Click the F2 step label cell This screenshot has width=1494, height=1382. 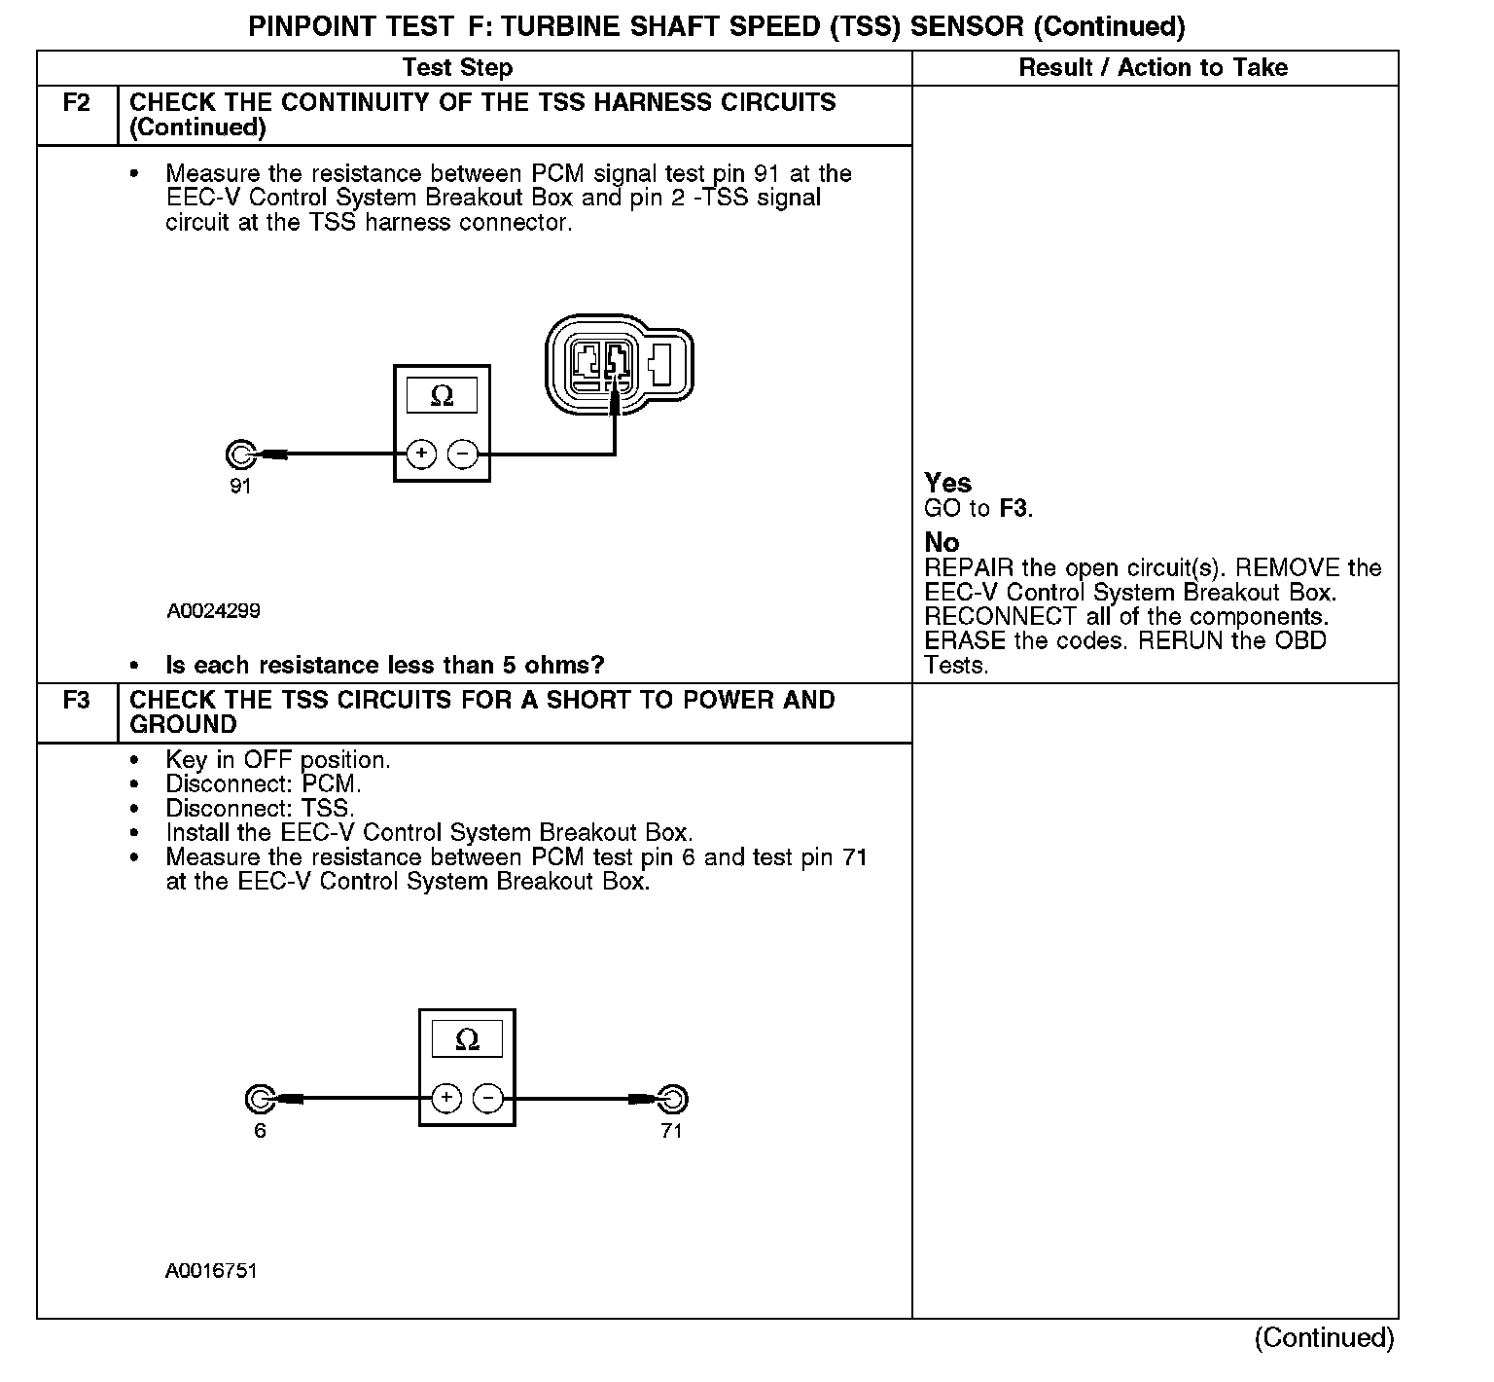pos(77,103)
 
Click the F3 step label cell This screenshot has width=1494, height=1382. pos(77,701)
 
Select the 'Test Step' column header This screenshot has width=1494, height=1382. pos(457,67)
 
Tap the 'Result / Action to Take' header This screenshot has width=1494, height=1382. pos(1153,67)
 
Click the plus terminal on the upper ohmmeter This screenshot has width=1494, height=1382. pos(421,454)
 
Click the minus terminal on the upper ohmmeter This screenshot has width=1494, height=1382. pos(462,454)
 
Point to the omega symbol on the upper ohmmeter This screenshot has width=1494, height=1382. pos(442,396)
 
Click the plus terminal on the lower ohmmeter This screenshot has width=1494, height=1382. pos(446,1099)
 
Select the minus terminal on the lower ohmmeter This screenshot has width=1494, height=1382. pos(487,1099)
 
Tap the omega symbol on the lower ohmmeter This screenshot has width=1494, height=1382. pos(467,1040)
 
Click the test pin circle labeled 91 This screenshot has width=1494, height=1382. pos(239,455)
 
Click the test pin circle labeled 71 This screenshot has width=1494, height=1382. pos(672,1100)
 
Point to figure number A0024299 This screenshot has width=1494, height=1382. pos(213,611)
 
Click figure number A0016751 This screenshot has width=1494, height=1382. pos(211,1270)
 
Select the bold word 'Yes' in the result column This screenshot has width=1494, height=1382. pos(947,483)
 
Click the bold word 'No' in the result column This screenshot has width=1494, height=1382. pos(942,542)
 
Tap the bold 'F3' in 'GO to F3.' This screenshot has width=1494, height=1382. pos(1014,508)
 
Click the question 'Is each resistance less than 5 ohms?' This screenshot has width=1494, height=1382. pos(385,665)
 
